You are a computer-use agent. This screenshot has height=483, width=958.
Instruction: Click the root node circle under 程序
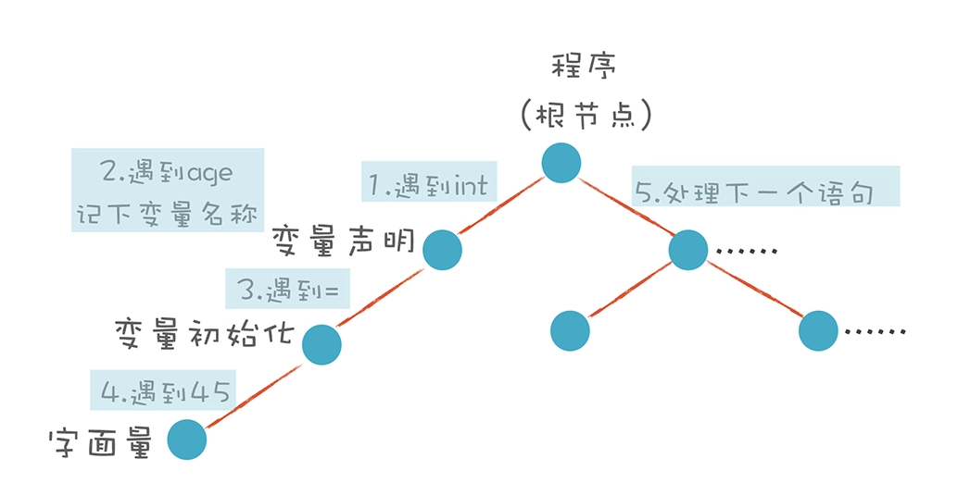(x=561, y=163)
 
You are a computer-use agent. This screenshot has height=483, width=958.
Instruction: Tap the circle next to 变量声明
(x=443, y=250)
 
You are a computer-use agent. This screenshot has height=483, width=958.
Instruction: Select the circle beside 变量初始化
(x=322, y=344)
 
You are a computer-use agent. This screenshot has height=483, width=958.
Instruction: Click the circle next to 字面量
(x=187, y=440)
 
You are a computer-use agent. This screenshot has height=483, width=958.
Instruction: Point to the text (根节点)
(x=586, y=116)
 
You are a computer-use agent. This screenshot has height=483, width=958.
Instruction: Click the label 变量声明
(x=342, y=245)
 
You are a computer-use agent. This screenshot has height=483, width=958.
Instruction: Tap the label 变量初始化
(x=204, y=332)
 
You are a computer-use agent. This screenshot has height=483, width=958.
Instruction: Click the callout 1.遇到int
(x=428, y=186)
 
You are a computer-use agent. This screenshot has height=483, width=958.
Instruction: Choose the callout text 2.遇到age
(x=167, y=172)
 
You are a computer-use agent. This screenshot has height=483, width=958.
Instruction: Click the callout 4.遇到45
(x=164, y=391)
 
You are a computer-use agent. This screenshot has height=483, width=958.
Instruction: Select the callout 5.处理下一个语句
(x=765, y=192)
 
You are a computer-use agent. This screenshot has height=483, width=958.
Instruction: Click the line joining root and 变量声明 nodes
(x=500, y=208)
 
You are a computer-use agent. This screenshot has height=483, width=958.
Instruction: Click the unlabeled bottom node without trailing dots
(x=570, y=330)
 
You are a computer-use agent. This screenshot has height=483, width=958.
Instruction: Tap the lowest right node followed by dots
(x=818, y=330)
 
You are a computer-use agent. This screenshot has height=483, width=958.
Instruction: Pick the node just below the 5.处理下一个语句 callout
(x=687, y=250)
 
